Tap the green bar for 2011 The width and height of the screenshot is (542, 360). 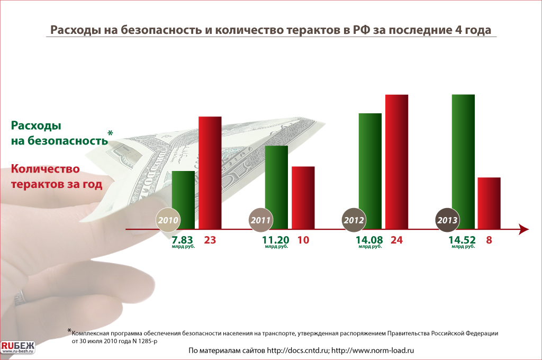[x=276, y=185]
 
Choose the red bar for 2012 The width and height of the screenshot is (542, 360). [x=396, y=161]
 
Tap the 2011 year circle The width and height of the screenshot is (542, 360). [x=261, y=220]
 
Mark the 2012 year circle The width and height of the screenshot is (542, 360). [x=354, y=220]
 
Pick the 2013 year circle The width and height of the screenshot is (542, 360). [x=447, y=220]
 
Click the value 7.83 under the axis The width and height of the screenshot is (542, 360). [x=181, y=240]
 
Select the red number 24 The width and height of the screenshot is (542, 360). [x=396, y=240]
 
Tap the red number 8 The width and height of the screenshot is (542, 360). [x=489, y=240]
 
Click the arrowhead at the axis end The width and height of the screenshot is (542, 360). [x=523, y=229]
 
